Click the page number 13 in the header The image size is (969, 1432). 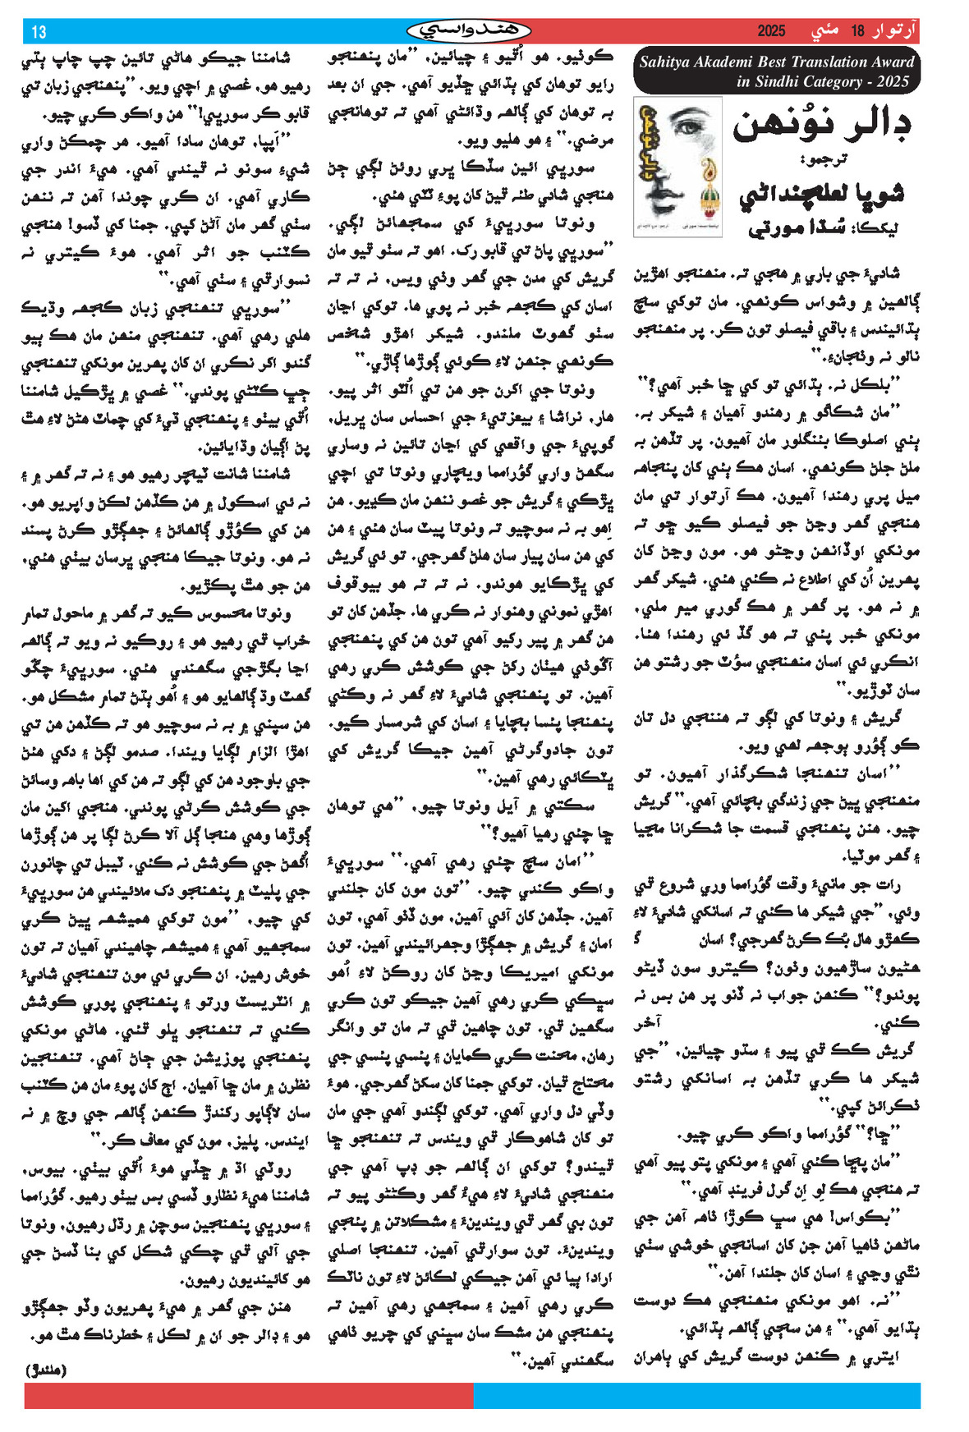pyautogui.click(x=39, y=32)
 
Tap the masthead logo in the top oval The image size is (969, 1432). pyautogui.click(x=469, y=31)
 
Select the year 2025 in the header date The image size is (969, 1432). pyautogui.click(x=771, y=32)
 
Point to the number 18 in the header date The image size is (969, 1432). pyautogui.click(x=857, y=32)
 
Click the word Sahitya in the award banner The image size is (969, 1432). pyautogui.click(x=666, y=62)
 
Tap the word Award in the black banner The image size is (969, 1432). pyautogui.click(x=894, y=62)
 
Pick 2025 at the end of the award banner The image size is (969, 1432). pyautogui.click(x=893, y=81)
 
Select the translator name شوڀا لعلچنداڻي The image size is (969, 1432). pyautogui.click(x=821, y=193)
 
